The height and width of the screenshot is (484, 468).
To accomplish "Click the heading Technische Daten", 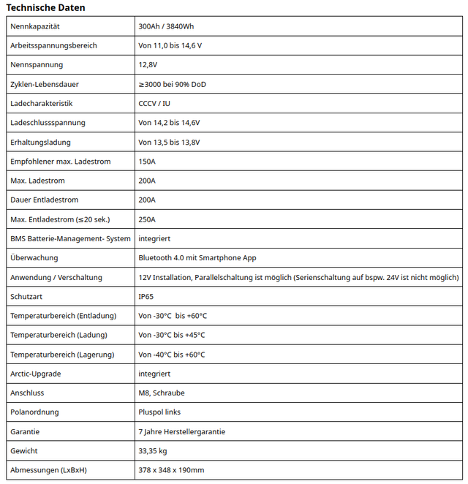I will pos(45,7).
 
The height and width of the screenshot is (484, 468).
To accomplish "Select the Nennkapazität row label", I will pos(35,26).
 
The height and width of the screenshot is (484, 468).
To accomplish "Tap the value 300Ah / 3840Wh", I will pos(166,26).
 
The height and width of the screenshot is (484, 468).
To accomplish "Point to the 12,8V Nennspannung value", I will pos(148,65).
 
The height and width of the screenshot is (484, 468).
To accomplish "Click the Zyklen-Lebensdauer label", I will pos(45,84).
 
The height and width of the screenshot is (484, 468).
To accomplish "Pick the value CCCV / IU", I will pos(154,104).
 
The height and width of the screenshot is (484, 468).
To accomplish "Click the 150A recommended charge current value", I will pos(147,162).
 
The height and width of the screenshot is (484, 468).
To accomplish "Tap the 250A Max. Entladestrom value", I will pos(147,219).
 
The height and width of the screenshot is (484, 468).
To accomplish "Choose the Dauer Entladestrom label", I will pos(45,200).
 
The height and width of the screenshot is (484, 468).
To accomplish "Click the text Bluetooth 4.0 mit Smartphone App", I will pos(197,258).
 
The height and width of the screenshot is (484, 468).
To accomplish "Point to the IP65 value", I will pos(146,297).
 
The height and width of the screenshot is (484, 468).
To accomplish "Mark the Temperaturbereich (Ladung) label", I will pos(58,335).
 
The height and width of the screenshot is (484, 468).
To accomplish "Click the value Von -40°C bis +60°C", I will pos(173,355).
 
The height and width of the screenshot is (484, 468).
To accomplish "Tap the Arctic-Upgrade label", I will pos(36,374).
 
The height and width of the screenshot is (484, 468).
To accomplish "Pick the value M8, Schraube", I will pos(160,393).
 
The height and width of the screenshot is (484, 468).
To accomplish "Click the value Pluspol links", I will pos(159,412).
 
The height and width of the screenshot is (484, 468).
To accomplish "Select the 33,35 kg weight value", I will pos(153,451).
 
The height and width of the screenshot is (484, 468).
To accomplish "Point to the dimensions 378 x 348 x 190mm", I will pos(171,470).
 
